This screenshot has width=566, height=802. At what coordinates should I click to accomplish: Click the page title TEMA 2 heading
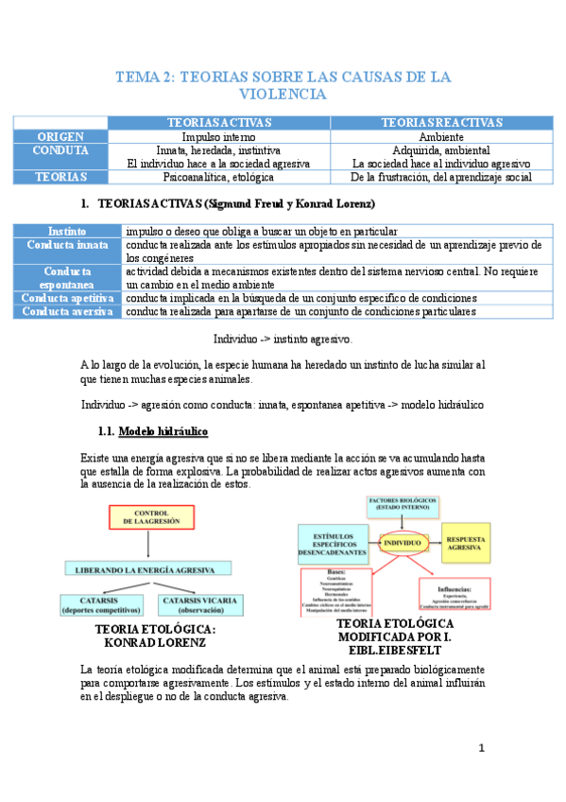point(283,85)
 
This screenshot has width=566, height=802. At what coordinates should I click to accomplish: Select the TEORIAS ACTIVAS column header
point(219,123)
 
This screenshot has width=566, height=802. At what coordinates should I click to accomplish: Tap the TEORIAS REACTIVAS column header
point(440,123)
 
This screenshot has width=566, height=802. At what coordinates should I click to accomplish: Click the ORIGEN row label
point(60,136)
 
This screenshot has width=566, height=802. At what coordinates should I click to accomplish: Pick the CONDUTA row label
point(60,150)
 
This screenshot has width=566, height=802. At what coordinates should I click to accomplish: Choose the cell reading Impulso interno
point(219,136)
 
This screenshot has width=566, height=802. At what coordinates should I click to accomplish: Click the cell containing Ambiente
point(440,136)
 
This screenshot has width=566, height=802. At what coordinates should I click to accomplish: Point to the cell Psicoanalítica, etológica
point(219,177)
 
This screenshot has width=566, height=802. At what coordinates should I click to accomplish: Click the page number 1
point(481,748)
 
